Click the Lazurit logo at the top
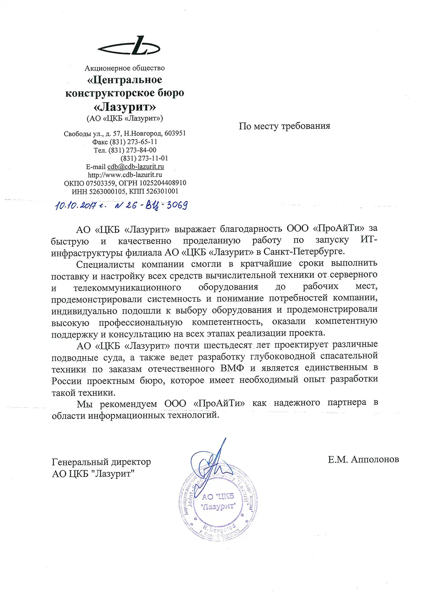(129, 47)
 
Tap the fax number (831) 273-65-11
(133, 142)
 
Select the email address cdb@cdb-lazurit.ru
(136, 167)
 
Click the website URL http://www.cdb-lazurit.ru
(125, 175)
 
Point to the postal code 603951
(175, 133)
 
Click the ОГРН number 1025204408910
(163, 183)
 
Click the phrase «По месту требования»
(284, 126)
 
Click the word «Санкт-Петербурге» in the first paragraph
(304, 251)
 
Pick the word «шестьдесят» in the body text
(228, 345)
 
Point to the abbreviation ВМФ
(232, 369)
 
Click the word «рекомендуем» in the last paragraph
(128, 404)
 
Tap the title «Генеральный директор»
(101, 462)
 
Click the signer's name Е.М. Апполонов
(363, 459)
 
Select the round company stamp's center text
(218, 501)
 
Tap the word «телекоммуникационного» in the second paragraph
(127, 288)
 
